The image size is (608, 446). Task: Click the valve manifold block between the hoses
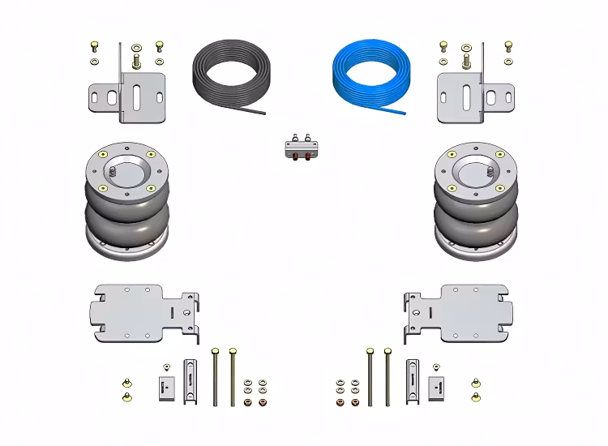pyautogui.click(x=302, y=149)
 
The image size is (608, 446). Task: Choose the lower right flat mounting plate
pyautogui.click(x=458, y=312)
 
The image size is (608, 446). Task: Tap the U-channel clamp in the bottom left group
pyautogui.click(x=191, y=381)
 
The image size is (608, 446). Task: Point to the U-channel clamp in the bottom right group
pyautogui.click(x=411, y=381)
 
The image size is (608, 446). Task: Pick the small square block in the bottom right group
pyautogui.click(x=437, y=387)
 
